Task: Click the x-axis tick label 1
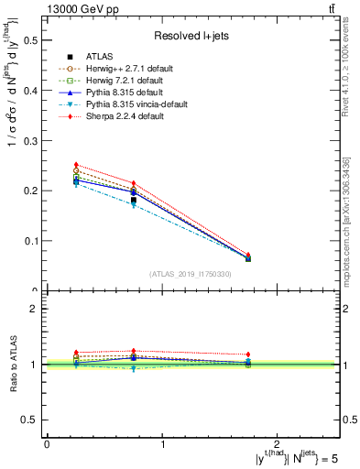click(x=163, y=443)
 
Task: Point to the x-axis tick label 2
click(x=279, y=443)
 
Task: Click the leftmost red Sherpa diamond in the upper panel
click(x=76, y=165)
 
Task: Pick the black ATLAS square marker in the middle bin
click(x=134, y=200)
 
